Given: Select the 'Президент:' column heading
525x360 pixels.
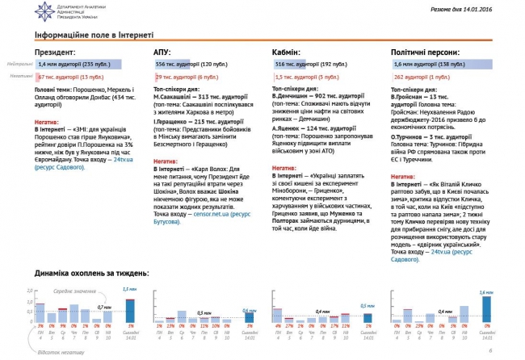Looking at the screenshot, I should (x=55, y=51).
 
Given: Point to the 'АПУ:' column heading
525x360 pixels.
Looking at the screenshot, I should (x=162, y=51).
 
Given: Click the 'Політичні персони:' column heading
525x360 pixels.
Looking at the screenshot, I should (x=424, y=51).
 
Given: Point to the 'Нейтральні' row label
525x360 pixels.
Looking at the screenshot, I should (x=19, y=64).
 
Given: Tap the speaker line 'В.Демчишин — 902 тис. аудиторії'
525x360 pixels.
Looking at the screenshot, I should (x=312, y=95).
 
